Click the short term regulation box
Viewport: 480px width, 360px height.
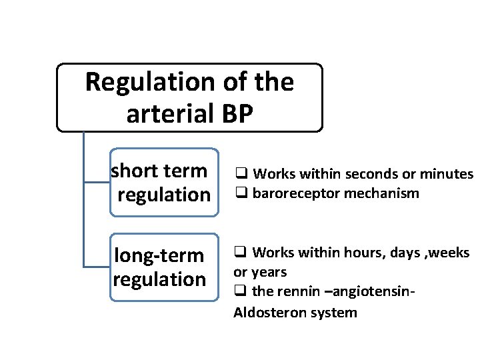click(x=164, y=183)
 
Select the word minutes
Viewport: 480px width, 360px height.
click(x=447, y=175)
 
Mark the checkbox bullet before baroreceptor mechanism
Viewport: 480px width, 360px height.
click(x=238, y=194)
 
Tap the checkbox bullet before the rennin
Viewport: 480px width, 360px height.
click(x=238, y=292)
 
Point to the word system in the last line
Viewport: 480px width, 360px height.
click(x=333, y=312)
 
